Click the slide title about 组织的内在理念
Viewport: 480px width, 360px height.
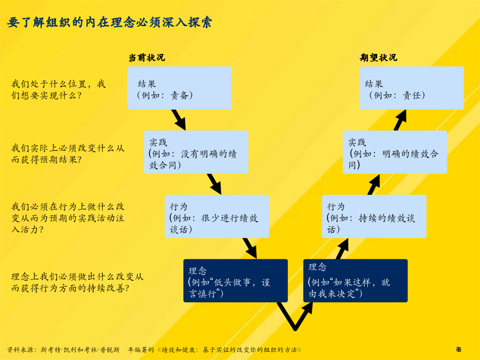tap(109, 22)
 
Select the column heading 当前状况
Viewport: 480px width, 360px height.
tap(146, 58)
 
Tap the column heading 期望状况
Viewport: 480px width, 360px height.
tap(378, 58)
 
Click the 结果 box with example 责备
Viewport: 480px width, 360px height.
tap(180, 88)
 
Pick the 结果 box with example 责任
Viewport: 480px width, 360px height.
tap(412, 88)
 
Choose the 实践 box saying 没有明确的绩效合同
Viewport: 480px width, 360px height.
tap(196, 152)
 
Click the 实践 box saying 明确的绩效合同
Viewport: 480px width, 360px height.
tap(395, 152)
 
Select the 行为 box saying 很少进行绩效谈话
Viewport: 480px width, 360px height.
tap(217, 216)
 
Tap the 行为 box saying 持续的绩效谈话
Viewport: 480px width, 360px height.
tap(374, 216)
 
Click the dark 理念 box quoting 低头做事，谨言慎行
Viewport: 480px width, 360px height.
tap(236, 280)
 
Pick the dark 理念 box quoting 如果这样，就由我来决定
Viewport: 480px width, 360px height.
tap(355, 280)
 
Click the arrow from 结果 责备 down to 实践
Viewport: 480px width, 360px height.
tap(179, 120)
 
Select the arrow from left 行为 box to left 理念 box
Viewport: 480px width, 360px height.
tap(250, 248)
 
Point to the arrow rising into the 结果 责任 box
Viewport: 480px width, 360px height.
tap(400, 120)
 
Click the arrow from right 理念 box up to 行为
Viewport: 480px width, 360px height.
tap(342, 248)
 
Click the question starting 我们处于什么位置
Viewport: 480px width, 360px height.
tap(58, 89)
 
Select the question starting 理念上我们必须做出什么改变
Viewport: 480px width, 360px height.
tap(77, 283)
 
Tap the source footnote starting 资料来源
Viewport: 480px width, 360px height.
tap(155, 350)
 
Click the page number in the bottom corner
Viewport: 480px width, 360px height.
tap(459, 349)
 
